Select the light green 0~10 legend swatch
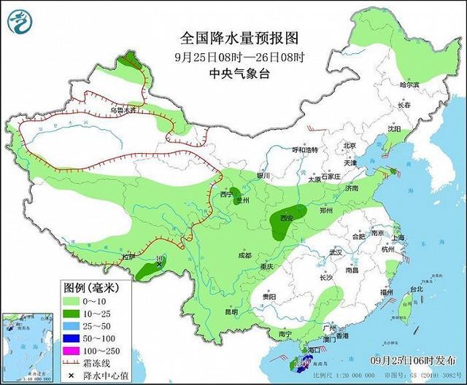coord(70,300)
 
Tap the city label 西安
coord(285,218)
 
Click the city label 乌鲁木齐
coord(123,111)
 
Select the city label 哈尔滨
coord(410,85)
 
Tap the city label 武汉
coord(336,252)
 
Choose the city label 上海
coord(398,238)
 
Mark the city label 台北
coord(416,289)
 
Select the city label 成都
coord(244,255)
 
